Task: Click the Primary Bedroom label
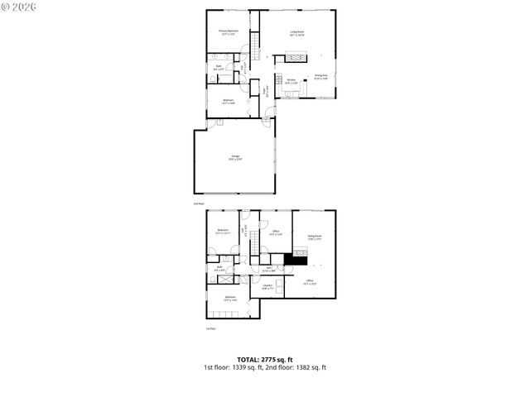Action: click(x=228, y=33)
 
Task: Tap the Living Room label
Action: click(x=297, y=34)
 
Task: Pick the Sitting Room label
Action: click(x=315, y=238)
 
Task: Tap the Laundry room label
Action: click(x=267, y=288)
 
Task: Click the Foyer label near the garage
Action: click(x=264, y=92)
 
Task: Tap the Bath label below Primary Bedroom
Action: click(x=218, y=68)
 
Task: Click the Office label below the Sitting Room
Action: click(x=309, y=282)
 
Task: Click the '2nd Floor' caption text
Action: click(x=198, y=203)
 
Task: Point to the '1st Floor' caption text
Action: click(x=210, y=328)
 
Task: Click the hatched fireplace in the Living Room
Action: click(x=296, y=58)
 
